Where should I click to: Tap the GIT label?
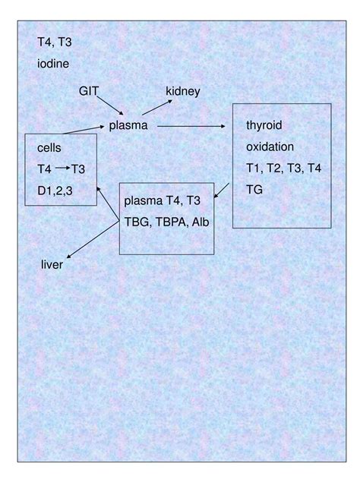pyautogui.click(x=88, y=91)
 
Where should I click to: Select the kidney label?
pyautogui.click(x=182, y=92)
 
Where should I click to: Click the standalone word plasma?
pyautogui.click(x=128, y=124)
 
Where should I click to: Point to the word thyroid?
pyautogui.click(x=264, y=124)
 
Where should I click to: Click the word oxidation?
pyautogui.click(x=270, y=146)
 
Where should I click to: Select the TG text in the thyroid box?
pyautogui.click(x=254, y=189)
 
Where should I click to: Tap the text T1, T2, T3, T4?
pyautogui.click(x=283, y=167)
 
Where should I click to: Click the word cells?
pyautogui.click(x=49, y=148)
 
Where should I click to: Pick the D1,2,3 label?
pyautogui.click(x=55, y=190)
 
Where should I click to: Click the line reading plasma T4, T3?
pyautogui.click(x=162, y=200)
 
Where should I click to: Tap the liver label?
pyautogui.click(x=52, y=265)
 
